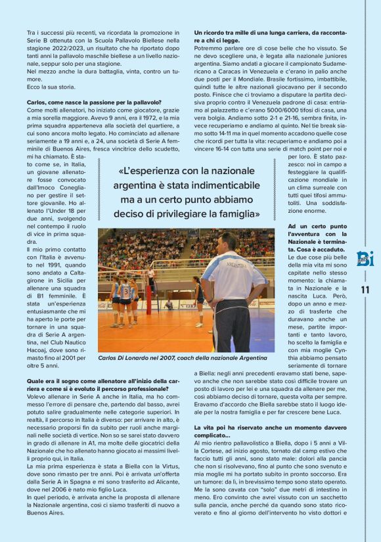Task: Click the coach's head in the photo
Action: coord(227,243)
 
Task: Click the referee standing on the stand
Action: coord(150,276)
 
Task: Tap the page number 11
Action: coord(365,290)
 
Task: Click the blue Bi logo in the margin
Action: coord(365,258)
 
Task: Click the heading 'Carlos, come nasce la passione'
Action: coord(94,102)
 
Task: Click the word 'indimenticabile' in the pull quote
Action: coord(217,186)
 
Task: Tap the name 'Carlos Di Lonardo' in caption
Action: coord(125,358)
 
